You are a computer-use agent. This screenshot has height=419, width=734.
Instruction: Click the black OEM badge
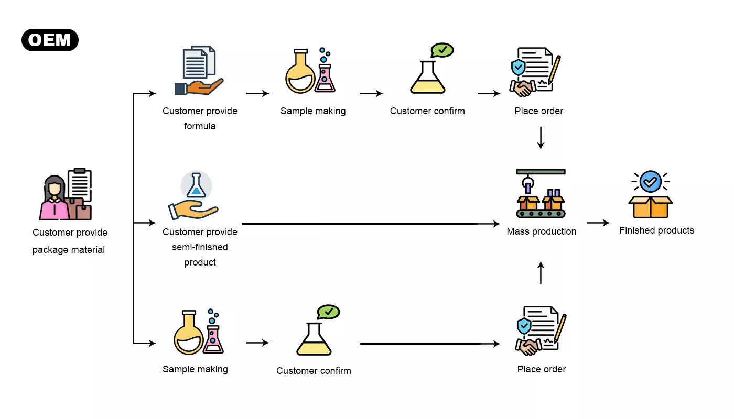coord(50,40)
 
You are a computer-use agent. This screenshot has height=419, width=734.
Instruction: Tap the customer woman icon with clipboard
coord(66,194)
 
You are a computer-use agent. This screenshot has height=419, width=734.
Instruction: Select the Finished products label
coord(656,230)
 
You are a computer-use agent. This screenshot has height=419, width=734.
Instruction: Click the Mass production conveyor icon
coord(541,193)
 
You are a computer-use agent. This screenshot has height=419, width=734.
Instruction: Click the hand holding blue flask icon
coord(193,196)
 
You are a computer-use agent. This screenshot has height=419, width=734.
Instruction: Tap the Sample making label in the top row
coord(313,111)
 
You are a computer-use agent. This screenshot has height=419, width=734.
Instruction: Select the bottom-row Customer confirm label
coord(314,371)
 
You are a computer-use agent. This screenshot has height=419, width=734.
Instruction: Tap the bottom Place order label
coord(542,369)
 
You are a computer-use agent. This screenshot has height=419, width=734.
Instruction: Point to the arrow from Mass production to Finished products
coord(598,223)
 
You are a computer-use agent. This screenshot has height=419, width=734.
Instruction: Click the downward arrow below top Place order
coord(541,138)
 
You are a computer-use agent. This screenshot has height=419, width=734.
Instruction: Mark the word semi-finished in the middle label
coord(200,247)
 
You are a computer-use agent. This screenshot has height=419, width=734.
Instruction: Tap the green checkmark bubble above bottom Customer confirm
coord(329,312)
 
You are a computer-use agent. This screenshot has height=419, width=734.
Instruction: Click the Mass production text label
coord(541,231)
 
